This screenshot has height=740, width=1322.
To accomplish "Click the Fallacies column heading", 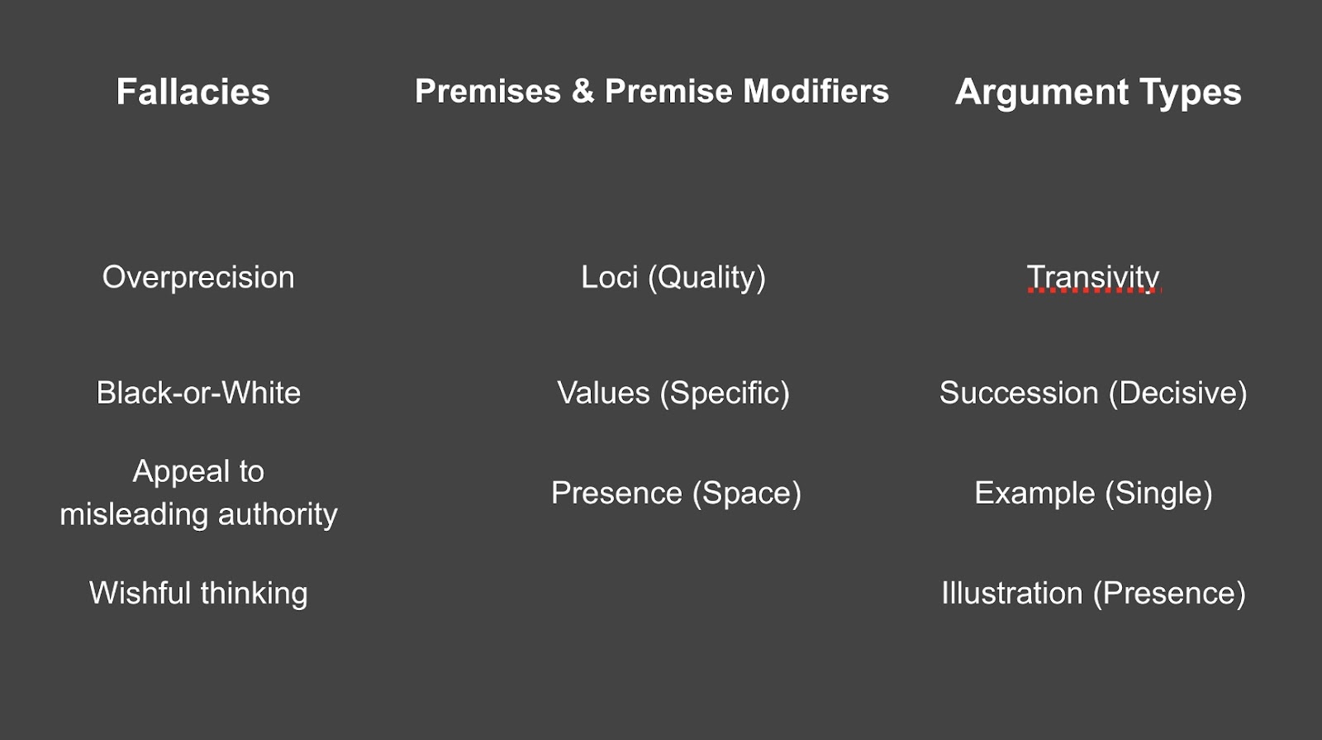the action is (193, 92).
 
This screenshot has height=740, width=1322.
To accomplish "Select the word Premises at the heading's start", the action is (488, 91).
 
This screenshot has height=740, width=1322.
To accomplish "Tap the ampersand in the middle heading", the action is (583, 91).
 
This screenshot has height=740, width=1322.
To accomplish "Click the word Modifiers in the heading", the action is (816, 91).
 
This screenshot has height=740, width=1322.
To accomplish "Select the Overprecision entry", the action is (198, 278).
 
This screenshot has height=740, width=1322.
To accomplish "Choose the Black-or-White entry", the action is (198, 393).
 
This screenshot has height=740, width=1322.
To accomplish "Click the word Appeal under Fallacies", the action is (181, 472).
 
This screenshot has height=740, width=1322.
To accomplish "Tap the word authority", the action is (278, 515).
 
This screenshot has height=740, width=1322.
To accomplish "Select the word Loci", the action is (610, 277).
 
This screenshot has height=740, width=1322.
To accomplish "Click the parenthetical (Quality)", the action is (707, 279).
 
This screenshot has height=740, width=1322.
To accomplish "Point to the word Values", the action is (603, 393).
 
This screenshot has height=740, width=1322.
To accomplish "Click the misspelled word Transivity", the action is (1093, 278).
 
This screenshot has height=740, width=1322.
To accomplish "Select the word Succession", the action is (1019, 393).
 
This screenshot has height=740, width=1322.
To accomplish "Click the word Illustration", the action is (1012, 593).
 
